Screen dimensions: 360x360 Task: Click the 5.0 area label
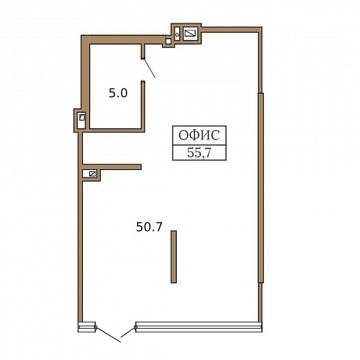tap(118, 93)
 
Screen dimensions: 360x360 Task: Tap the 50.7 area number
tap(149, 227)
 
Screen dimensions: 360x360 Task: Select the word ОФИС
tap(199, 135)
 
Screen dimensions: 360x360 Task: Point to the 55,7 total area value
tap(199, 153)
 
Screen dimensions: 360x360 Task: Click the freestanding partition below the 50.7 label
tap(174, 257)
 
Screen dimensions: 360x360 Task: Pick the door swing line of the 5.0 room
tap(149, 68)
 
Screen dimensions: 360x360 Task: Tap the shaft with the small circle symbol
tap(177, 34)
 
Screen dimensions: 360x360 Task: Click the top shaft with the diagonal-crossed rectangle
tap(191, 34)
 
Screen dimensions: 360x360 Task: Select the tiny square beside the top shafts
tap(169, 41)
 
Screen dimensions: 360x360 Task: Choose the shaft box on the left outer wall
tap(81, 121)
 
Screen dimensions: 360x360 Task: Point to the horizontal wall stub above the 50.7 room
tap(112, 167)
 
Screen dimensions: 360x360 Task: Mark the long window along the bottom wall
tap(198, 327)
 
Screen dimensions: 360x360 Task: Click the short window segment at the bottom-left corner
tap(87, 327)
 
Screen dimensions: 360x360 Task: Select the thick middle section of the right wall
tap(261, 188)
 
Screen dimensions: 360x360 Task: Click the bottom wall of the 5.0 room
tap(117, 131)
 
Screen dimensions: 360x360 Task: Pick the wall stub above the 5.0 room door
tap(143, 51)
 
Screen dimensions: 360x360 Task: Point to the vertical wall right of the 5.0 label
tap(143, 106)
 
